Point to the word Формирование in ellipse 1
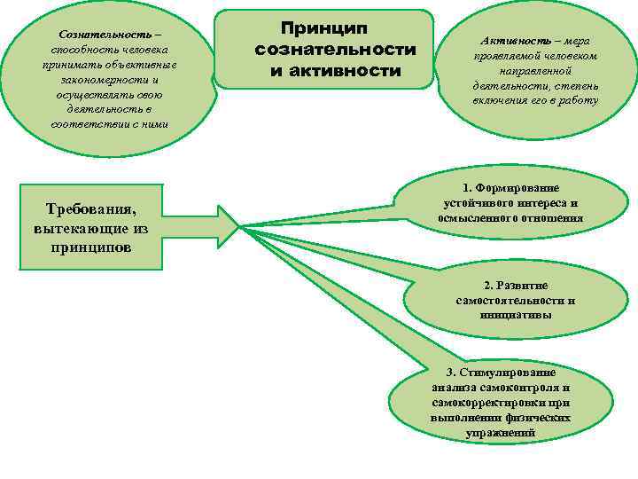[523, 189]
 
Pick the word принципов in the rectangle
[91, 247]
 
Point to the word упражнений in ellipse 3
[501, 433]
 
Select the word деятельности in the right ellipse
[509, 86]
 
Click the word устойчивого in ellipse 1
[474, 203]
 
